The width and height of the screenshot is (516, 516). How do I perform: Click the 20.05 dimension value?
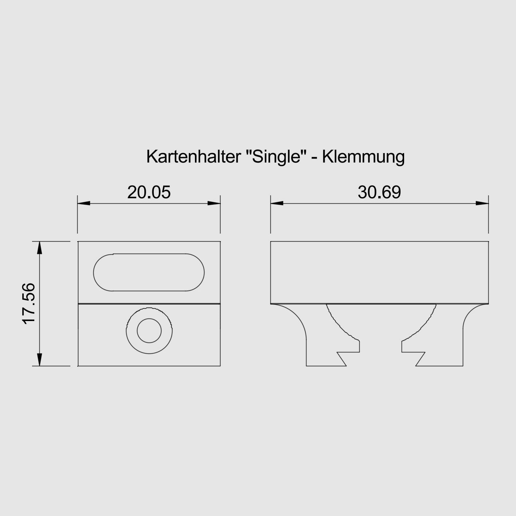pos(149,192)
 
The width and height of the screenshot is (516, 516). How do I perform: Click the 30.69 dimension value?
pos(379,192)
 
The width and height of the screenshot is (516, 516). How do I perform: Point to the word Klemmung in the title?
pos(363,157)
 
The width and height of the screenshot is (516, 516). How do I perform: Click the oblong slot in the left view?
pos(149,272)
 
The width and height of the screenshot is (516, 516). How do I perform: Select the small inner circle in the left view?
pos(149,331)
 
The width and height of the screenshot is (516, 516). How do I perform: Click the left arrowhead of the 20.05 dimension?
pos(84,203)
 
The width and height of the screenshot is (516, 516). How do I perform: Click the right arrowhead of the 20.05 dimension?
pos(214,203)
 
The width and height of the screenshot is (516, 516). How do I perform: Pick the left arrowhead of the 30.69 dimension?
pos(277,203)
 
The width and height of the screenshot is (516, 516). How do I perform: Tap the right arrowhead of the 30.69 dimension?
pos(482,203)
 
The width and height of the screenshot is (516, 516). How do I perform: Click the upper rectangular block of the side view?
pos(379,272)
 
